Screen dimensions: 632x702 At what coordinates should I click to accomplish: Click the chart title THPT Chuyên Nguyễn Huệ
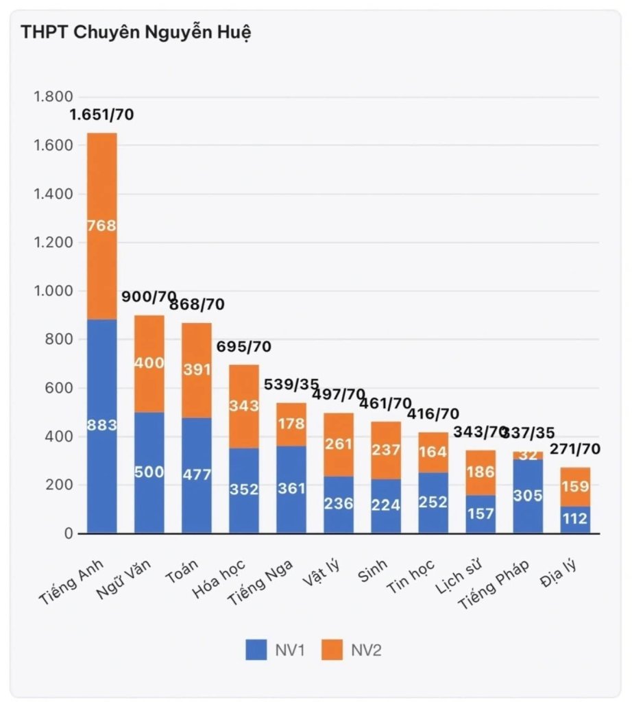(x=136, y=33)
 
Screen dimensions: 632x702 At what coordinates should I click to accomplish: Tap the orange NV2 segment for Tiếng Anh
(x=102, y=226)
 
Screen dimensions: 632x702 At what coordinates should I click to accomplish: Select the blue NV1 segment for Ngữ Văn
(x=149, y=473)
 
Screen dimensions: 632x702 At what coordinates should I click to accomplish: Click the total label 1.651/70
(x=101, y=114)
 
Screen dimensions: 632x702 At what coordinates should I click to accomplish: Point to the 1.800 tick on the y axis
(x=53, y=97)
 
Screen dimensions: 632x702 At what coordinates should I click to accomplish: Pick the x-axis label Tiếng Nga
(x=260, y=583)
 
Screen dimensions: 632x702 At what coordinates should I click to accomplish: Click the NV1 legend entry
(x=276, y=650)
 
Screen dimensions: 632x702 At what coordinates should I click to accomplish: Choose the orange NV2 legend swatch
(x=332, y=650)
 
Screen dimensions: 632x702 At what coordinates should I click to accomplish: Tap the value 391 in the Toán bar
(x=197, y=370)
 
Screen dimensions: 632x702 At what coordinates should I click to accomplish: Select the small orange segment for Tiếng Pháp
(x=528, y=456)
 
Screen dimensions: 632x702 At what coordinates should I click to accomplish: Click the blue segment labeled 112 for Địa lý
(x=575, y=520)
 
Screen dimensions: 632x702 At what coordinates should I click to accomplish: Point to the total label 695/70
(x=244, y=346)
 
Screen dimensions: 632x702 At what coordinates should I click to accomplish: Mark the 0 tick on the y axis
(x=69, y=533)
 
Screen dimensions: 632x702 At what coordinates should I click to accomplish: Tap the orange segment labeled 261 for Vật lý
(x=339, y=444)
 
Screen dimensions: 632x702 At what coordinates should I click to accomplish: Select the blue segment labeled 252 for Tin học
(x=433, y=503)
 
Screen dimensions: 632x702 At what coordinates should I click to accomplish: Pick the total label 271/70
(x=575, y=449)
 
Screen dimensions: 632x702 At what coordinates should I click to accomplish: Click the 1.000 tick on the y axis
(x=53, y=291)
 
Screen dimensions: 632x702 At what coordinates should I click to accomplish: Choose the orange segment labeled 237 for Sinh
(x=387, y=450)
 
